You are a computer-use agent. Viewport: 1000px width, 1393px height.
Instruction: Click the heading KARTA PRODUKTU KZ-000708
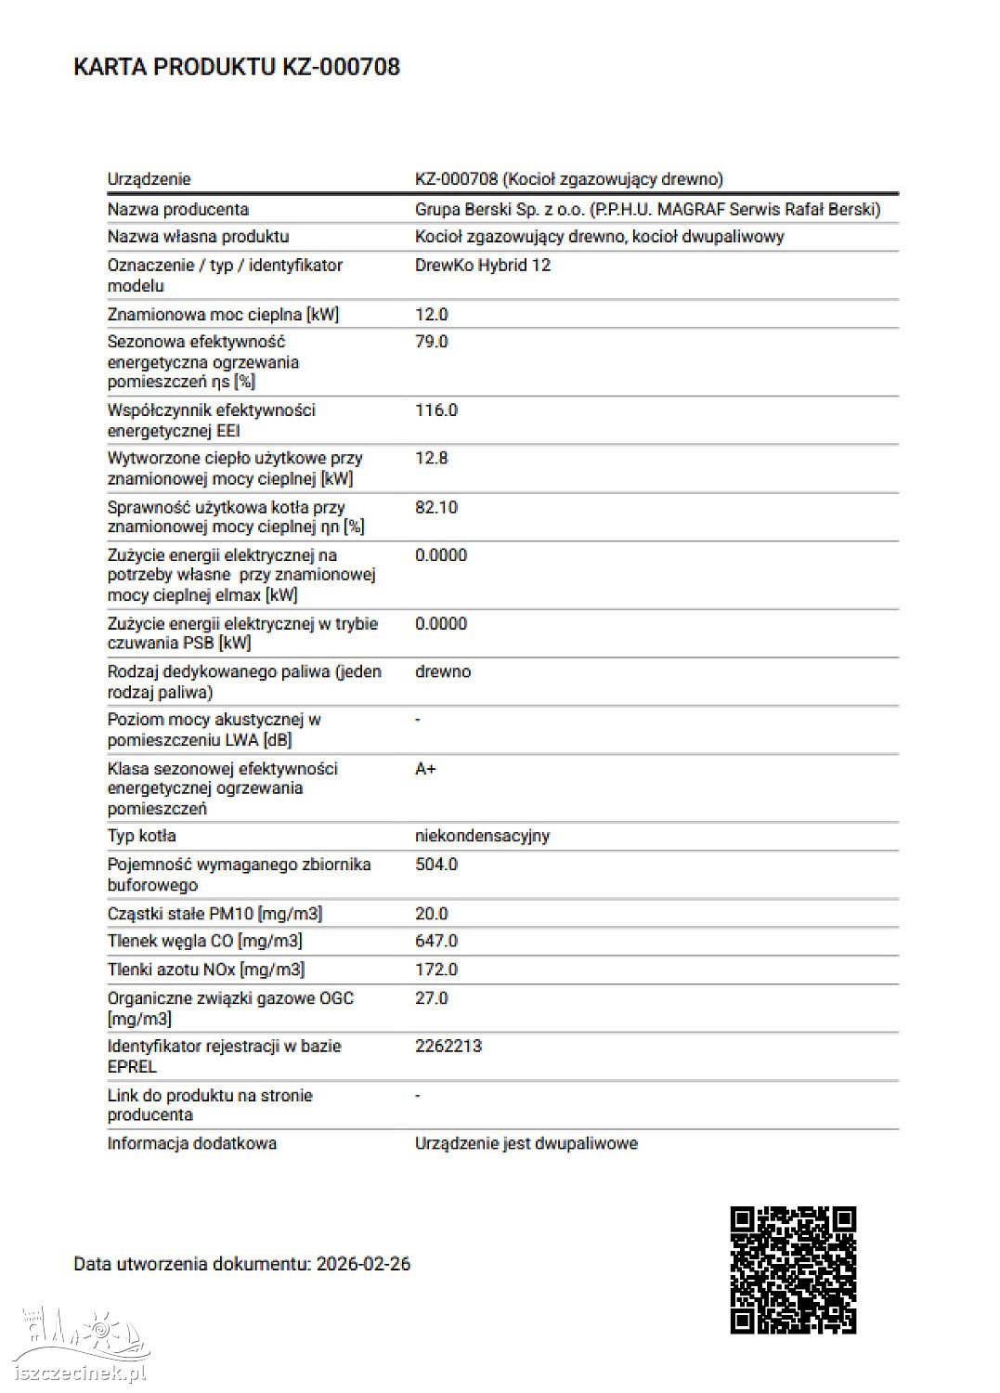click(x=237, y=67)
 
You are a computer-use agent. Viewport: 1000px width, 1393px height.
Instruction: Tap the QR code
click(x=793, y=1269)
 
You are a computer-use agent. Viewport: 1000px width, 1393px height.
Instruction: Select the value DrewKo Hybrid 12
click(x=483, y=266)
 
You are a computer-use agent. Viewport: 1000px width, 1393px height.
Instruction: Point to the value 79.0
click(x=432, y=342)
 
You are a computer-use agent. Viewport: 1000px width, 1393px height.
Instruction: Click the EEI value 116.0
click(x=436, y=410)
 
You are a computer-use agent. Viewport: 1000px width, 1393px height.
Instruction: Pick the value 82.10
click(x=436, y=507)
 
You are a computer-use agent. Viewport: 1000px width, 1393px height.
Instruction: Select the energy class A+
click(x=425, y=769)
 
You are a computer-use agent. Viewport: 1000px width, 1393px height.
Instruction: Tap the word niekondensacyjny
click(x=482, y=836)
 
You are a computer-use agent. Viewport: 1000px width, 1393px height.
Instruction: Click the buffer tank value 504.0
click(x=436, y=865)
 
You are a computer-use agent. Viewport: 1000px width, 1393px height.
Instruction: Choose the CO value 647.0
click(x=436, y=941)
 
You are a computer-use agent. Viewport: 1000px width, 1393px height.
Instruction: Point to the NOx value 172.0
click(x=436, y=970)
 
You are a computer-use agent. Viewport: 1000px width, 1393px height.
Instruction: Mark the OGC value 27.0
click(x=432, y=998)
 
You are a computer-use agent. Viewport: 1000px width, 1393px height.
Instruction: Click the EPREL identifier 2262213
click(x=448, y=1046)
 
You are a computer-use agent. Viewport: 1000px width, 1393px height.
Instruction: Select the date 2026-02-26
click(x=363, y=1264)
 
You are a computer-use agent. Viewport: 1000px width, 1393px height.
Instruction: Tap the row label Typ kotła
click(x=141, y=836)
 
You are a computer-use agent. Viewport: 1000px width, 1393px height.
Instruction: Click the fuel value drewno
click(x=443, y=671)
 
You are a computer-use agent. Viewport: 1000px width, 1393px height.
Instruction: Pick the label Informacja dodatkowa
click(x=192, y=1143)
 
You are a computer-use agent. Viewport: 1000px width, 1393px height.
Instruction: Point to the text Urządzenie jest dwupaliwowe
click(x=526, y=1143)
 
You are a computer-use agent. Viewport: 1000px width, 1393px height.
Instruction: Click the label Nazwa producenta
click(x=178, y=210)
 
